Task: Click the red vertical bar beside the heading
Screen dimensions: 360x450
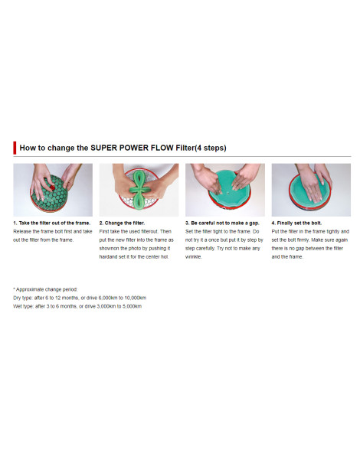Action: pyautogui.click(x=15, y=148)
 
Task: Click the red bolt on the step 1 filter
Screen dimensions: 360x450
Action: pyautogui.click(x=52, y=187)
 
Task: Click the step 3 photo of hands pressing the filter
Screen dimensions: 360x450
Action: pyautogui.click(x=225, y=190)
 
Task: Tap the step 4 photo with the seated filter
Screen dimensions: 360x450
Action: pyautogui.click(x=311, y=190)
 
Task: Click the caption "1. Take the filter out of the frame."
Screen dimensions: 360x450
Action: pyautogui.click(x=52, y=223)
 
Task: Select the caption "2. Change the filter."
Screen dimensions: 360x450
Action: pyautogui.click(x=122, y=223)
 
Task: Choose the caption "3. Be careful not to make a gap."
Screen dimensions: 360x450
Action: pyautogui.click(x=222, y=223)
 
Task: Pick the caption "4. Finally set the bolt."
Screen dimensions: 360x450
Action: pyautogui.click(x=296, y=223)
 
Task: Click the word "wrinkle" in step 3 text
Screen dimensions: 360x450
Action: pyautogui.click(x=193, y=257)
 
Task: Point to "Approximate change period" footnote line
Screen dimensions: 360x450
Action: pyautogui.click(x=45, y=289)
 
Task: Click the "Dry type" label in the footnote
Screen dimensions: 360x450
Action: pyautogui.click(x=22, y=298)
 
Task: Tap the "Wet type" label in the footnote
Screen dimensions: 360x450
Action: pyautogui.click(x=23, y=306)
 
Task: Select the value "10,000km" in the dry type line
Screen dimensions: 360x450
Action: pyautogui.click(x=136, y=298)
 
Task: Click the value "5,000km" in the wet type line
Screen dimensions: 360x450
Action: pyautogui.click(x=133, y=306)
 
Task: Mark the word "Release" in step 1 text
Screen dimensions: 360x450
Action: pyautogui.click(x=21, y=232)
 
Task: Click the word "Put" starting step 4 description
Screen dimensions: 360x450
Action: pyautogui.click(x=275, y=232)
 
